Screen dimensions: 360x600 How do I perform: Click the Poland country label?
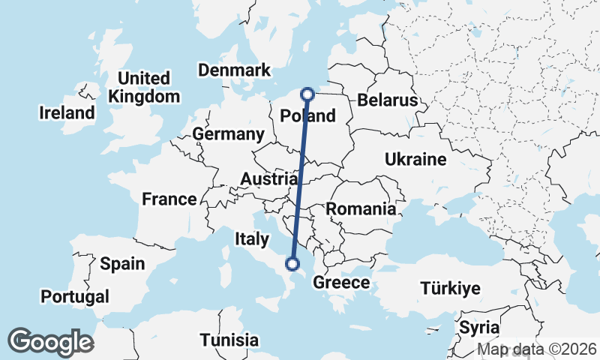pos(307,116)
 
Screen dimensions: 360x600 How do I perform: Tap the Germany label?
pos(228,134)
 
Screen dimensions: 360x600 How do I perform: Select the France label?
pos(169,199)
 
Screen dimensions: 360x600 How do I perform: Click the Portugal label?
pos(75,296)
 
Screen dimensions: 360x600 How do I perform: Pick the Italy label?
pos(251,239)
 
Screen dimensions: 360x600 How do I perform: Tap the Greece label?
pos(341,283)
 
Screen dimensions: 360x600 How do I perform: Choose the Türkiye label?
pos(450,289)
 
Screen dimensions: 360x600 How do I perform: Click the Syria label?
pos(478,328)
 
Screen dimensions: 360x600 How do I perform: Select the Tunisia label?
pos(229,339)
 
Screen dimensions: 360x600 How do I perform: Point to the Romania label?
pos(361,209)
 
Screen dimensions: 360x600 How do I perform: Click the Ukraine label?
pos(415,159)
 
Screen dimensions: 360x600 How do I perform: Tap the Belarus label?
pos(386,100)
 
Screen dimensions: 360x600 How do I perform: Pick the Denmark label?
pos(234,70)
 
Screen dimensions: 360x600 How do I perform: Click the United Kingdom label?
pos(144,87)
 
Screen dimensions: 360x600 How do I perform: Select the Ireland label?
pos(67,113)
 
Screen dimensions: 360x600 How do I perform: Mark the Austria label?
pos(268,179)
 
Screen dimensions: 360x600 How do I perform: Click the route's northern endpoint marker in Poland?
pos(307,94)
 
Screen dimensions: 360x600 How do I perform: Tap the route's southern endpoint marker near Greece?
pos(292,263)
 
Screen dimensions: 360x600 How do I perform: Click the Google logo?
pos(50,342)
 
